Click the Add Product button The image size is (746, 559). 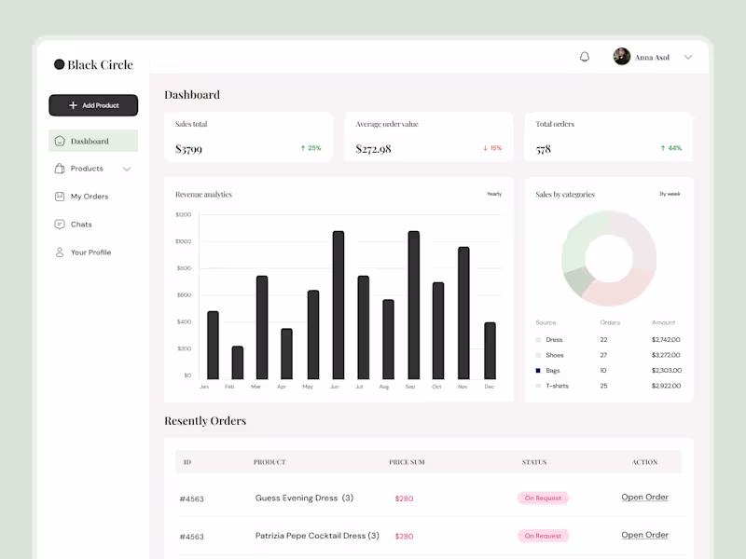(93, 105)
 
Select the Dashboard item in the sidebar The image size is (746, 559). (90, 142)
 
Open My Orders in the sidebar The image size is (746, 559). (89, 197)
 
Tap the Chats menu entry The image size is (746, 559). (81, 225)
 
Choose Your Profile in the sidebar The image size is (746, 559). (90, 252)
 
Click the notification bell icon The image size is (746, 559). (585, 57)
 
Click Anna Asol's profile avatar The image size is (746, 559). (621, 57)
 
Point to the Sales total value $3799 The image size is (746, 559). (188, 149)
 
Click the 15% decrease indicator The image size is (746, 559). (491, 148)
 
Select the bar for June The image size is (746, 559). (338, 305)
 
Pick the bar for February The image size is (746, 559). (237, 361)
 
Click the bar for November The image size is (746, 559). (463, 312)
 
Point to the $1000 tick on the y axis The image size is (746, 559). (183, 241)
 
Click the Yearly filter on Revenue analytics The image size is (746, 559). (493, 194)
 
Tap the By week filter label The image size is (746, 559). (670, 194)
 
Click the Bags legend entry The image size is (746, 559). (553, 370)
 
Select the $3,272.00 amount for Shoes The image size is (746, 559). (665, 355)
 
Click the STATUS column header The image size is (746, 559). (534, 462)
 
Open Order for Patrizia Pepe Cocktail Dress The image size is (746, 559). (644, 535)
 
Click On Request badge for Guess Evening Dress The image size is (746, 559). (543, 498)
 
